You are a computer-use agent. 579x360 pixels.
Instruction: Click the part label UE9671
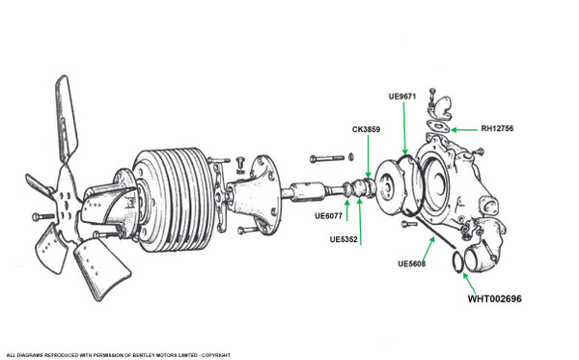(402, 97)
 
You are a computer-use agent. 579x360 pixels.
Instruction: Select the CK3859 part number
(366, 129)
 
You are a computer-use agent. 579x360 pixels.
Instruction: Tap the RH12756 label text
(497, 128)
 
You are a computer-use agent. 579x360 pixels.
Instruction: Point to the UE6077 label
(329, 215)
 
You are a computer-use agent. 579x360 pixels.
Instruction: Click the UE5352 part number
(344, 239)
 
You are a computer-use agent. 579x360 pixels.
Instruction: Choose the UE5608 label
(412, 263)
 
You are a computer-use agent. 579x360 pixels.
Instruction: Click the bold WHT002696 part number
(495, 298)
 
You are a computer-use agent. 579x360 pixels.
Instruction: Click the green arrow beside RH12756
(464, 130)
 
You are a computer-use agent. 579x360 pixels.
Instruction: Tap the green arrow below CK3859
(369, 156)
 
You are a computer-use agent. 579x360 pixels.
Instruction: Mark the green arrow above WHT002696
(469, 283)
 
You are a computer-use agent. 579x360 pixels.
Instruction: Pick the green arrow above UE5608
(428, 248)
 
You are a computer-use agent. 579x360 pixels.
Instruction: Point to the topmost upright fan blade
(67, 118)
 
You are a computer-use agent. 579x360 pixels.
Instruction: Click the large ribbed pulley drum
(174, 200)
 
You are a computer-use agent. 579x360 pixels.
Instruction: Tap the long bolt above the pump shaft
(327, 159)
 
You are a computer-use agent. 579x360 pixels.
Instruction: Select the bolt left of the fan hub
(43, 217)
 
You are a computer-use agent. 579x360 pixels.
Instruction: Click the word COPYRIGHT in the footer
(216, 355)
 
